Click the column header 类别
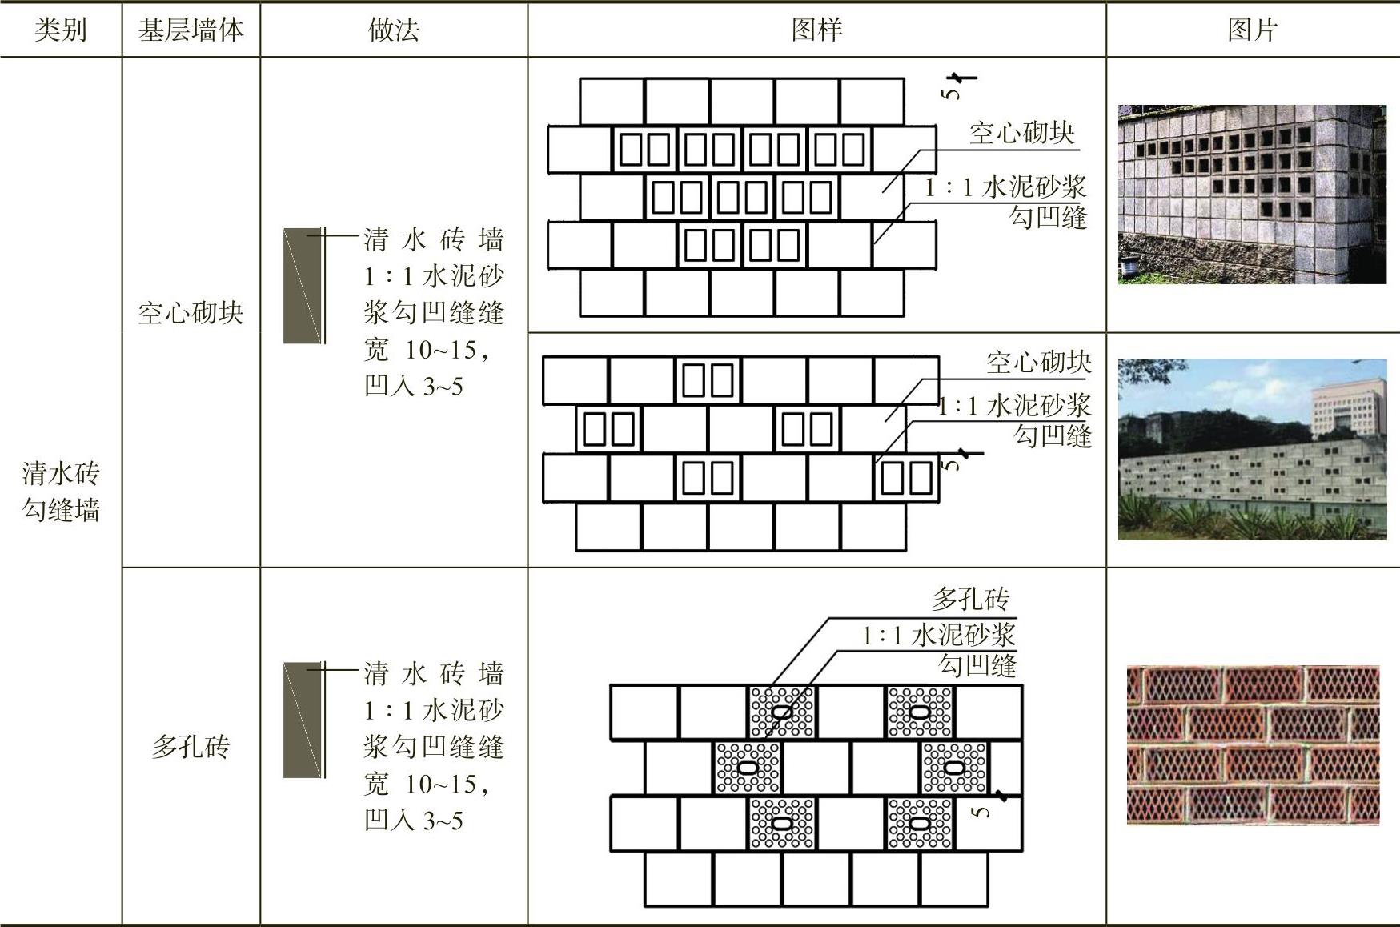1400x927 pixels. (x=60, y=30)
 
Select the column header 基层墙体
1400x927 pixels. (x=191, y=30)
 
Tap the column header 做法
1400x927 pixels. (x=393, y=30)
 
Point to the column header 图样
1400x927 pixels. (x=816, y=30)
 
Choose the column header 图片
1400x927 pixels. (x=1252, y=30)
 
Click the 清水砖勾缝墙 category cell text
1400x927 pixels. (x=61, y=492)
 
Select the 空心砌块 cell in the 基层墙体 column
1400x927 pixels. (x=191, y=313)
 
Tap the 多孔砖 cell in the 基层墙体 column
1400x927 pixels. (x=191, y=747)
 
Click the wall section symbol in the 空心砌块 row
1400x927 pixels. (x=303, y=286)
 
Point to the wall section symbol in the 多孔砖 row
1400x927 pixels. (x=303, y=720)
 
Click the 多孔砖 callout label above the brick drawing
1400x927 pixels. (x=970, y=599)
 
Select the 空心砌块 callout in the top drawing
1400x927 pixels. (x=1021, y=133)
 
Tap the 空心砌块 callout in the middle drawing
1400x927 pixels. (x=1038, y=363)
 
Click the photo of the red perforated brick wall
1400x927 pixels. (x=1253, y=745)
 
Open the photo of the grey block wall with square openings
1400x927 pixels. (x=1252, y=194)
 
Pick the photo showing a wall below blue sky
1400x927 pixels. (x=1252, y=448)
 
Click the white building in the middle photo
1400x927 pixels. (x=1347, y=409)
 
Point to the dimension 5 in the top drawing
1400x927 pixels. (x=951, y=92)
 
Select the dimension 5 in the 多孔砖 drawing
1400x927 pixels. (x=981, y=811)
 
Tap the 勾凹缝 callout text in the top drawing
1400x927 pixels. (x=1048, y=217)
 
